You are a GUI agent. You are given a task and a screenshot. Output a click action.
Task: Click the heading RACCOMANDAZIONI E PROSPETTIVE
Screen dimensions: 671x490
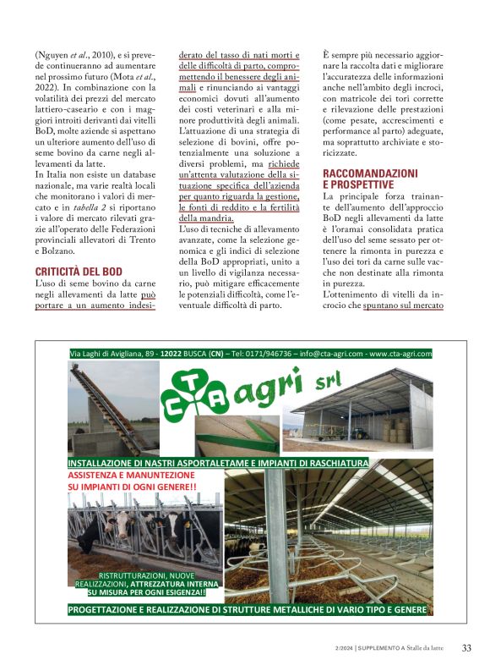[370, 178]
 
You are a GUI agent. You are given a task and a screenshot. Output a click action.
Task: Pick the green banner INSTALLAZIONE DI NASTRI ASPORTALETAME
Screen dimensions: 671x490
[218, 464]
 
